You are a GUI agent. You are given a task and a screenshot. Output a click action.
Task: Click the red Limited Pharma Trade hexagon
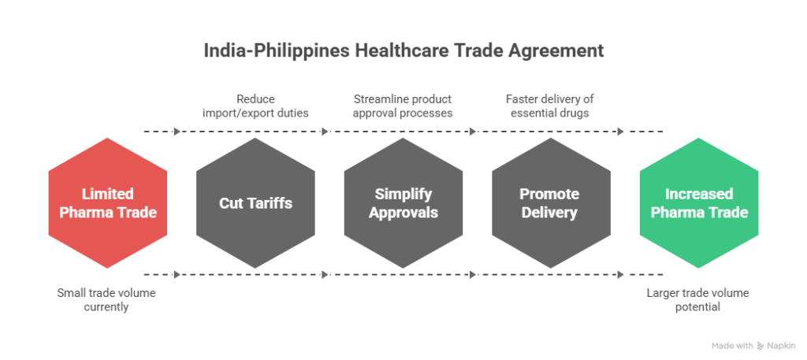pos(107,202)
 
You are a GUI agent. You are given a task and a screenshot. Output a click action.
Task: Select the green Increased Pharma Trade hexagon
pos(699,202)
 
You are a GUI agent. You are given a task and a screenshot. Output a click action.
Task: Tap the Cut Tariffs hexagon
pos(255,202)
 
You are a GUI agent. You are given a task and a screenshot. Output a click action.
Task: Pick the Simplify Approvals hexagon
pos(403,202)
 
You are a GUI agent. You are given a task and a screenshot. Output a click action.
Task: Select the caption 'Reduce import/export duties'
pos(255,106)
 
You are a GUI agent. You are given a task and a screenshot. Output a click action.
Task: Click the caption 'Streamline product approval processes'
pos(402,106)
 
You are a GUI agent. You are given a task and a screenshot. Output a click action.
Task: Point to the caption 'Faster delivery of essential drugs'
pos(550,106)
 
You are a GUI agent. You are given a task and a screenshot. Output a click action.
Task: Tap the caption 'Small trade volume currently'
pos(106,300)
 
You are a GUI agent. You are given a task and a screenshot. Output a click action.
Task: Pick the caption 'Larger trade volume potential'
pos(697,300)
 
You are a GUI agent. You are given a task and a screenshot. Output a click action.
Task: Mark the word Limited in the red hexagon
pos(108,194)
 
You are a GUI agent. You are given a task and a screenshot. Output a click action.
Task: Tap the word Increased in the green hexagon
pos(699,194)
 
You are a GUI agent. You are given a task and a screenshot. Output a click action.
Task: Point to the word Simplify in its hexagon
pos(403,194)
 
